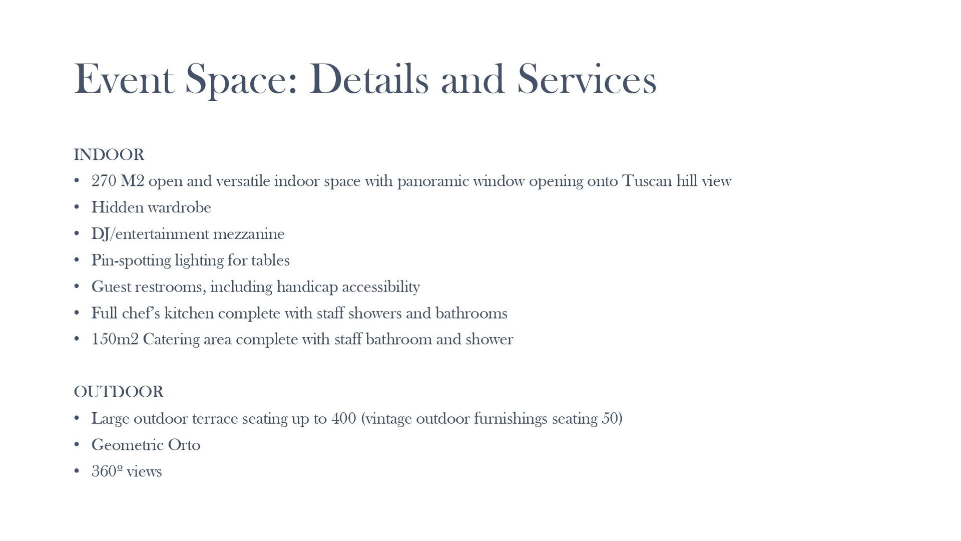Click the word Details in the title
pyautogui.click(x=369, y=79)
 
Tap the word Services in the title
pyautogui.click(x=586, y=79)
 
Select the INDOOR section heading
pyautogui.click(x=109, y=155)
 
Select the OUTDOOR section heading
pyautogui.click(x=119, y=392)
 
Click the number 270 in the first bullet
pyautogui.click(x=104, y=181)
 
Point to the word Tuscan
pyautogui.click(x=647, y=181)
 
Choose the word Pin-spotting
pyautogui.click(x=131, y=260)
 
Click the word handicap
pyautogui.click(x=307, y=287)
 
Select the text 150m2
pyautogui.click(x=115, y=340)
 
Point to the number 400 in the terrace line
pyautogui.click(x=344, y=418)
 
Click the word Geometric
pyautogui.click(x=127, y=445)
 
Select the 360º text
pyautogui.click(x=107, y=471)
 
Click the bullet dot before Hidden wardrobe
pyautogui.click(x=77, y=207)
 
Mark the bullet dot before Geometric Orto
pyautogui.click(x=77, y=445)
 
